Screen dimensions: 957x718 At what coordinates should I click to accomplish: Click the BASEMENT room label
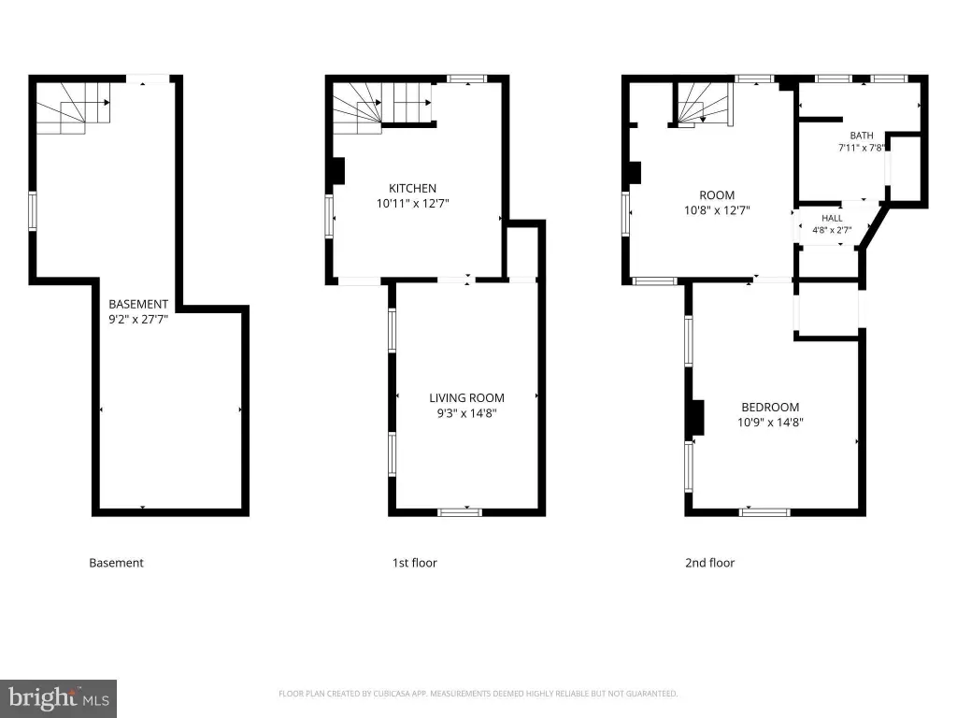click(138, 304)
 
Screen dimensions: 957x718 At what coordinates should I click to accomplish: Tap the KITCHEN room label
click(412, 188)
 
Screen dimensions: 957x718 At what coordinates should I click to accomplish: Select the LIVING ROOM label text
click(467, 398)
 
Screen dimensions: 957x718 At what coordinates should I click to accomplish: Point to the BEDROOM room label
click(770, 408)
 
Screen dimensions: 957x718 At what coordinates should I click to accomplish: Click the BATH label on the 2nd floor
click(861, 136)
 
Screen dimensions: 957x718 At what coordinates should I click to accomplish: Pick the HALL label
click(832, 218)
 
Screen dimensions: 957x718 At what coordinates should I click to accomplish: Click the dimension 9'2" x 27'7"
click(138, 320)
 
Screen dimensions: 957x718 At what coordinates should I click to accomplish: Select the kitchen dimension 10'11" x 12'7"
click(412, 203)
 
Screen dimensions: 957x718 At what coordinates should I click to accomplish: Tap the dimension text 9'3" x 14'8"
click(467, 413)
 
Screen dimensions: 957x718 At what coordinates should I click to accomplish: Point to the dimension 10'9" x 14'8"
click(770, 423)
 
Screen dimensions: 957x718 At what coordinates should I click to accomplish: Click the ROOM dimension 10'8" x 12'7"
click(717, 210)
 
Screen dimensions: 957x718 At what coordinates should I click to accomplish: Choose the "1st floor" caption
click(414, 563)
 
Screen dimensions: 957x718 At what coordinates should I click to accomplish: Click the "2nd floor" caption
click(710, 563)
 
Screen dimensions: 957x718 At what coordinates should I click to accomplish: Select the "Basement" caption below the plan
click(116, 563)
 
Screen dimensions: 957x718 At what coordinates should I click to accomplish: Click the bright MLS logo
click(59, 698)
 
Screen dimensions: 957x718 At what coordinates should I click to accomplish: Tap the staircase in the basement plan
click(73, 108)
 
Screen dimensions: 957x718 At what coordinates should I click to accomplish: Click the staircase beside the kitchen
click(382, 108)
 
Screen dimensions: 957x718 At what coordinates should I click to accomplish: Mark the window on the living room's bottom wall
click(460, 512)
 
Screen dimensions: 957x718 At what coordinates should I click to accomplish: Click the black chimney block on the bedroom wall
click(697, 418)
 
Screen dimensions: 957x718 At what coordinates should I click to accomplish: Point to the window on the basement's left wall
click(33, 211)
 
